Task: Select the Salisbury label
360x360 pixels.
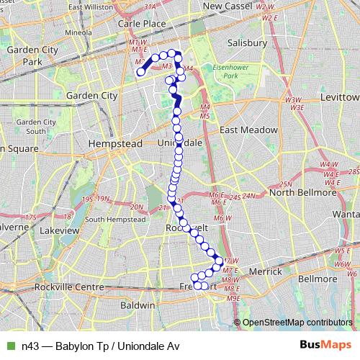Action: pyautogui.click(x=248, y=42)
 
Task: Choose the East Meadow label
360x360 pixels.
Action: pyautogui.click(x=248, y=130)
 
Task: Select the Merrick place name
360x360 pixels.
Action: pyautogui.click(x=265, y=271)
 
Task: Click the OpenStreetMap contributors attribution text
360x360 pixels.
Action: pyautogui.click(x=297, y=322)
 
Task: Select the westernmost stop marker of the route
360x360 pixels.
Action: pyautogui.click(x=141, y=71)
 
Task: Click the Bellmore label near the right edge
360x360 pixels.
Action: pyautogui.click(x=317, y=278)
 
